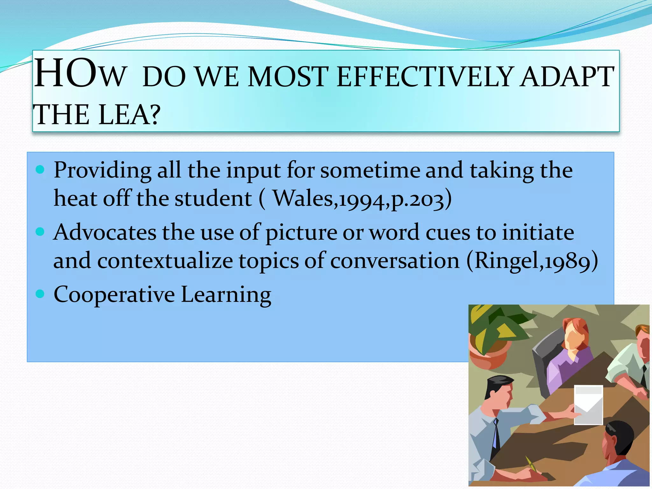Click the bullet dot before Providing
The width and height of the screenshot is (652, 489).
40,169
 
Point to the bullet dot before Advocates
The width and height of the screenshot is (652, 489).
40,231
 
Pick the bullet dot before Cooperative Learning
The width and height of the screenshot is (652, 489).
40,294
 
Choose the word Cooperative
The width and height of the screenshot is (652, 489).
114,295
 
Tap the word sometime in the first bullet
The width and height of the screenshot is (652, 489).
370,170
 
